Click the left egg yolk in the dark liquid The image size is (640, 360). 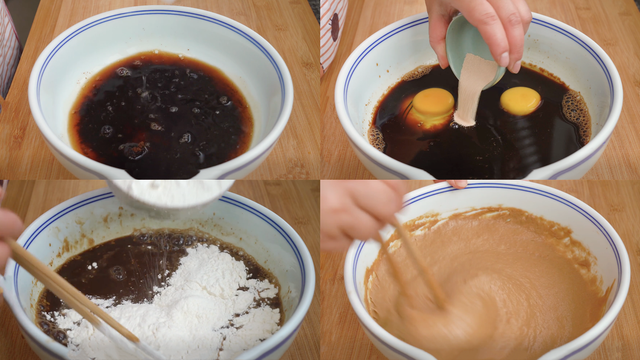433,104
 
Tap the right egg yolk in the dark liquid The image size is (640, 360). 520,100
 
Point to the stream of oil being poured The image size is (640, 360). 474,90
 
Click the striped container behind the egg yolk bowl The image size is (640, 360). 333,30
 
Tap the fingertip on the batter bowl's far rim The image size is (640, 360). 455,185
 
